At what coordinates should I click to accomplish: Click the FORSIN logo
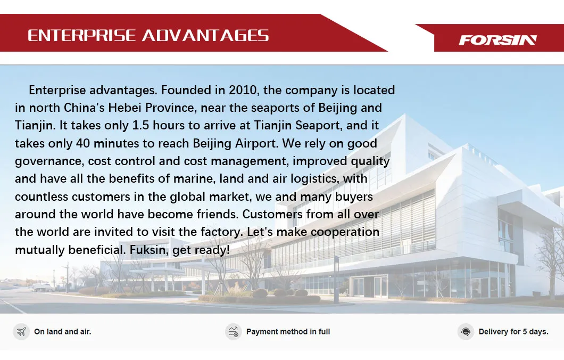[x=498, y=40]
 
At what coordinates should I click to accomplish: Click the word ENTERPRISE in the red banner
[x=81, y=36]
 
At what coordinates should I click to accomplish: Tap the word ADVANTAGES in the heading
[x=205, y=36]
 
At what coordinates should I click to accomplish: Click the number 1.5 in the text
[x=140, y=125]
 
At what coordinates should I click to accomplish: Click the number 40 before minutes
[x=82, y=143]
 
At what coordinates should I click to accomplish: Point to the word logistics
[x=315, y=178]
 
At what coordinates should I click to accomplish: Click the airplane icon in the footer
[x=21, y=332]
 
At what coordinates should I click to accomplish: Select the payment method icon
[x=233, y=332]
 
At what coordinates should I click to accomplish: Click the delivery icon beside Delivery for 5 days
[x=466, y=332]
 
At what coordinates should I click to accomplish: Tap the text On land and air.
[x=63, y=332]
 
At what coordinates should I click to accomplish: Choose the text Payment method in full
[x=288, y=332]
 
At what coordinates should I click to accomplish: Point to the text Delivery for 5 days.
[x=513, y=332]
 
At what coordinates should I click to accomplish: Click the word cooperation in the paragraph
[x=345, y=232]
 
